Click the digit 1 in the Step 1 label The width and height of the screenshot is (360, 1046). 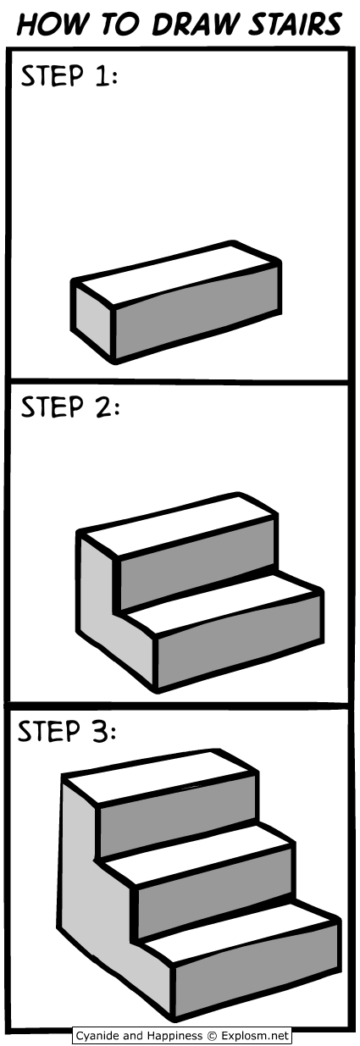pos(102,76)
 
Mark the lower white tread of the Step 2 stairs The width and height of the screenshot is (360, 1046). pos(219,603)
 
